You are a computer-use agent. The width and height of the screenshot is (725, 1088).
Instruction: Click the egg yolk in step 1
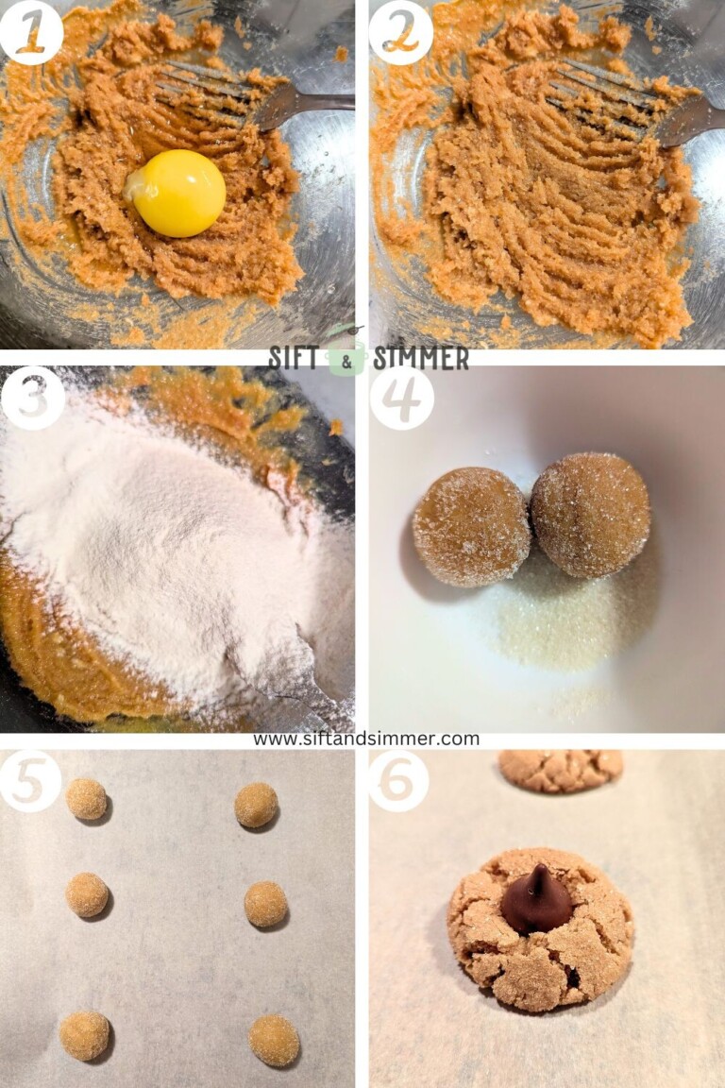point(178,193)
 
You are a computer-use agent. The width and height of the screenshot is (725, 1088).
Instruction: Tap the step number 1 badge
point(32,32)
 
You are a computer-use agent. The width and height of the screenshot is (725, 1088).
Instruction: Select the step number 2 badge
point(400,32)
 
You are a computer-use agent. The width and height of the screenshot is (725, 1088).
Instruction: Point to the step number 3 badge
point(32,398)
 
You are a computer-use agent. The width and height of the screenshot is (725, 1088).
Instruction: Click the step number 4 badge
point(401,398)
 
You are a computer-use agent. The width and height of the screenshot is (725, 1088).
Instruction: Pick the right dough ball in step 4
point(590,515)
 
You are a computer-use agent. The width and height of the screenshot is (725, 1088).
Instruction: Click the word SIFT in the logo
point(296,358)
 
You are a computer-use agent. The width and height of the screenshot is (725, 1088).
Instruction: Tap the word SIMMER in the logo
point(421,358)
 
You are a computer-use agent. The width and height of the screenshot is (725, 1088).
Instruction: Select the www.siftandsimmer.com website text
point(365,739)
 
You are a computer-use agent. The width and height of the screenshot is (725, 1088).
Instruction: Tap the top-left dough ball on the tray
point(87,799)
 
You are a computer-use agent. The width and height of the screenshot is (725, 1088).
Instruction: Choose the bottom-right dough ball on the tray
point(274,1040)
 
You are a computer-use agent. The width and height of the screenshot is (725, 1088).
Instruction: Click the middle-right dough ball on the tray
point(265,904)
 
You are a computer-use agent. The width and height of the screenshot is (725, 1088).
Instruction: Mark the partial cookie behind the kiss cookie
point(561,769)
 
